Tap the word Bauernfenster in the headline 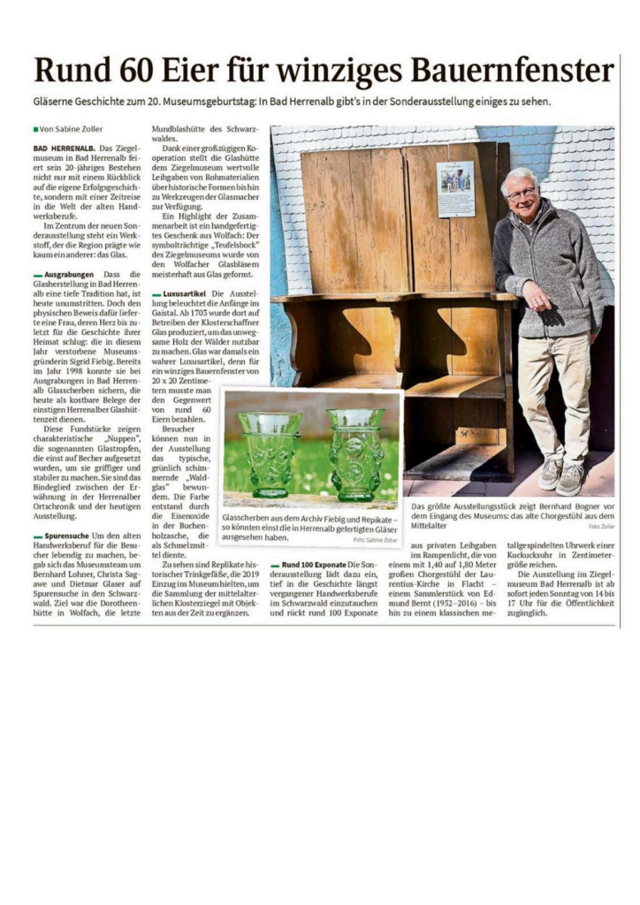tap(513, 72)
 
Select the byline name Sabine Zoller tap(79, 129)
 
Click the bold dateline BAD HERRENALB tap(64, 147)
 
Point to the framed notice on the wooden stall tap(454, 188)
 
